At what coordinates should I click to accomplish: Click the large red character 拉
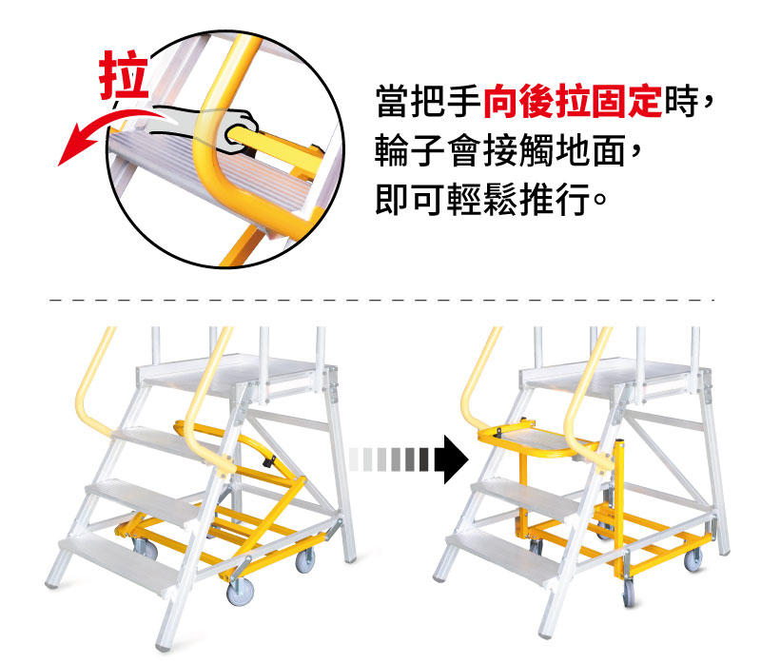point(124,75)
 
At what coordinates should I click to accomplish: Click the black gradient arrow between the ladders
point(409,459)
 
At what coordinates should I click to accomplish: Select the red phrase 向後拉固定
point(573,102)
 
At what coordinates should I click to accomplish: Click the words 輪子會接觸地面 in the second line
point(500,150)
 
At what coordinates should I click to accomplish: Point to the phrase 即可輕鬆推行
point(483,199)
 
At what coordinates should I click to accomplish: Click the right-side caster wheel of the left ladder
point(305,560)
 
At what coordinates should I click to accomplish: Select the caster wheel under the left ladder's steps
point(146,549)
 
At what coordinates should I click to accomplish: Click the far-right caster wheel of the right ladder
point(693,559)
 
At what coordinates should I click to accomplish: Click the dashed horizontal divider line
point(381,300)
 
